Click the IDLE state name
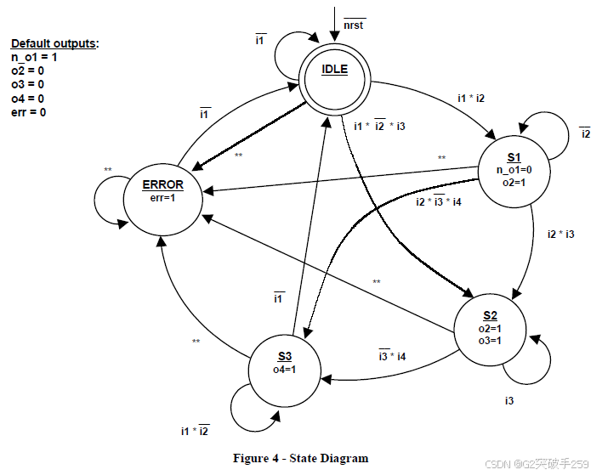334,70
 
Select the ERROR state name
162,184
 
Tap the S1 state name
514,157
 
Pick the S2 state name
490,316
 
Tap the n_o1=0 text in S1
514,169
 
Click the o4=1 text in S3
284,369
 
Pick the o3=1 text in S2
490,340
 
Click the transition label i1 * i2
470,99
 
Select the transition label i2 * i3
559,234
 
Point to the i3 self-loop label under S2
508,399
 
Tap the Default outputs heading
54,43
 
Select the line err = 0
29,112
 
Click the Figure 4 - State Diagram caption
301,458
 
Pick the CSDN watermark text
537,463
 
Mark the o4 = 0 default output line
29,98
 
